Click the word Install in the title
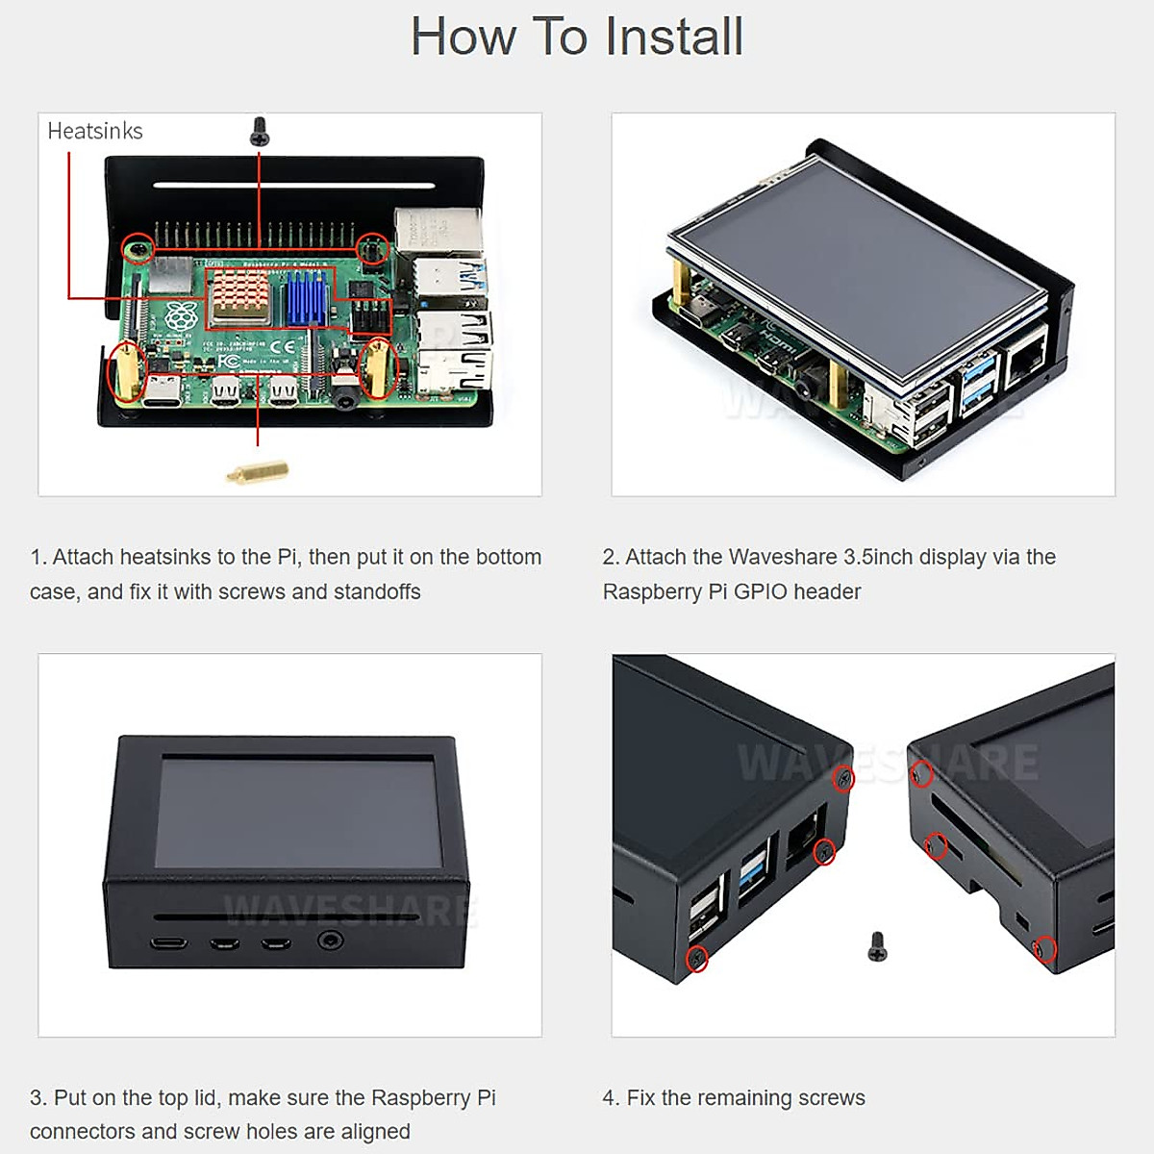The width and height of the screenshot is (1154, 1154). tap(674, 37)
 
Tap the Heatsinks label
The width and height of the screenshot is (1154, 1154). tap(95, 131)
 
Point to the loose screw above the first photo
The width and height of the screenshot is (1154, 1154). tap(259, 132)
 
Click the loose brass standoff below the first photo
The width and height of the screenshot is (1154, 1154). tap(258, 471)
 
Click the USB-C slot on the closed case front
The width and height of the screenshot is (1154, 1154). tap(170, 942)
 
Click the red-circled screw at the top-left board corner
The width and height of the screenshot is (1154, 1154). tap(138, 250)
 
